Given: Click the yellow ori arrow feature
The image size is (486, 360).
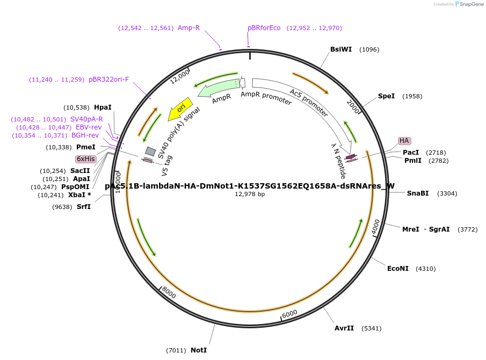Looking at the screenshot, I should (x=180, y=109).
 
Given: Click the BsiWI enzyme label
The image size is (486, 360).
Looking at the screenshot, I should (x=341, y=49).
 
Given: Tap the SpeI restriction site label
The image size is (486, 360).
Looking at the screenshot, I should (x=386, y=96).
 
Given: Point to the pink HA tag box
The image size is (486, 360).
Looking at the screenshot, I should (x=404, y=141).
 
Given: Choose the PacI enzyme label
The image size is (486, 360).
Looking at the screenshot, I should (x=411, y=153).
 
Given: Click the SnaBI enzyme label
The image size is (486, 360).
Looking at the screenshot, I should (x=418, y=193).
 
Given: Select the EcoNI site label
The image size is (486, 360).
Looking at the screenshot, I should (x=398, y=269).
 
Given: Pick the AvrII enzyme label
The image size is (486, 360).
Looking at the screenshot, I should (x=344, y=328).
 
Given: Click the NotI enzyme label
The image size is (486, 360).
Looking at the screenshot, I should (x=199, y=350).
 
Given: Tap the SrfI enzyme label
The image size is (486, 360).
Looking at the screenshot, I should (x=84, y=207).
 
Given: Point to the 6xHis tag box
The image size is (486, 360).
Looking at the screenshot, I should (x=86, y=159).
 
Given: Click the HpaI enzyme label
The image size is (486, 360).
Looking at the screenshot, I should (x=103, y=107).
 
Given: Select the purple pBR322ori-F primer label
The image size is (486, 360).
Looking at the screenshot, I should (x=109, y=80).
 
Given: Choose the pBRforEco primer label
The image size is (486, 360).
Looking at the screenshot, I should (x=264, y=28).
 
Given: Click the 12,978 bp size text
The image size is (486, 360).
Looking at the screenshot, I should (x=250, y=194).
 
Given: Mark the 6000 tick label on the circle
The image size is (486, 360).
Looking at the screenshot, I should (x=290, y=313).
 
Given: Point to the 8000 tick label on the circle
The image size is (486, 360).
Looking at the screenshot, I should (x=169, y=293).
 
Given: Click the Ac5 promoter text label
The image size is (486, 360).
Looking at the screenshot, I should (x=309, y=103).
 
